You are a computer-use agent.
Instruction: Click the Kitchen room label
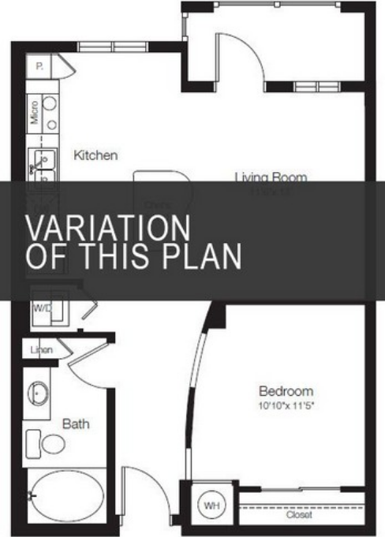[95, 155]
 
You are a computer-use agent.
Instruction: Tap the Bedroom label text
[286, 391]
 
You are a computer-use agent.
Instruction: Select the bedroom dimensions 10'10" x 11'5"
[286, 406]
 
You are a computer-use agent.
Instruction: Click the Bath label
[76, 424]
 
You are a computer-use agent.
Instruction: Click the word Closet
[300, 515]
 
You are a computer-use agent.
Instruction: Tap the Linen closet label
[41, 349]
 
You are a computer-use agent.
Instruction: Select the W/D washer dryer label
[41, 308]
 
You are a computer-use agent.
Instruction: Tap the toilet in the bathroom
[52, 443]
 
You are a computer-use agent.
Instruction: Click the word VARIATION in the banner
[108, 228]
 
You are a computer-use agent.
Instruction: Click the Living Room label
[271, 177]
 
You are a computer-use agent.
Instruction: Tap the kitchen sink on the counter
[43, 162]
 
